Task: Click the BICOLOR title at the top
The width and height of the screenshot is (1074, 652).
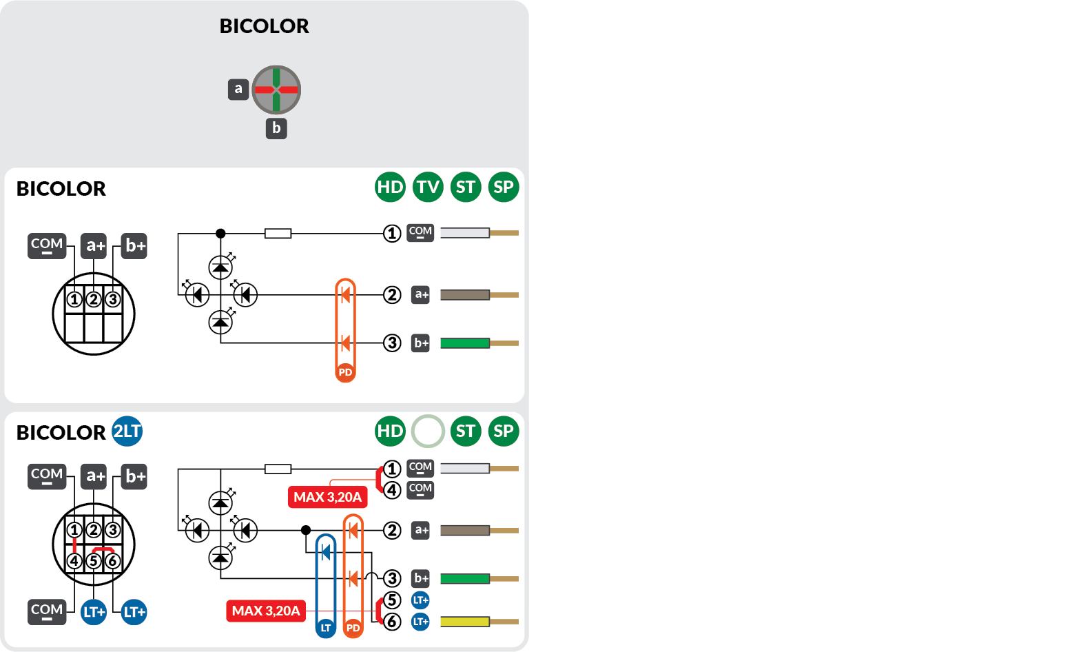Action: click(x=264, y=26)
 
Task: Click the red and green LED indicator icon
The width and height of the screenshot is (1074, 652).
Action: click(x=276, y=90)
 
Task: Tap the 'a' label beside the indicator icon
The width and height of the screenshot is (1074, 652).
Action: click(x=238, y=89)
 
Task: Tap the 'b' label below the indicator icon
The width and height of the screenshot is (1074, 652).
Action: click(x=276, y=128)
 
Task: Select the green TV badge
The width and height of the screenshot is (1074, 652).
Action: click(x=428, y=187)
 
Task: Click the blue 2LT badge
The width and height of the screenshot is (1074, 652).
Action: click(x=127, y=431)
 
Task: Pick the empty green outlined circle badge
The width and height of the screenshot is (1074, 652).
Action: click(x=428, y=431)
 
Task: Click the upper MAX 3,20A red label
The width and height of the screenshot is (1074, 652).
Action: click(x=327, y=497)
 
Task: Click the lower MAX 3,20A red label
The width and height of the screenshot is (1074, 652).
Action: click(x=266, y=611)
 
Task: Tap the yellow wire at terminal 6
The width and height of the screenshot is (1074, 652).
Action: click(x=465, y=622)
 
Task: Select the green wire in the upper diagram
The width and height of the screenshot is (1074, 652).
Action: click(x=465, y=343)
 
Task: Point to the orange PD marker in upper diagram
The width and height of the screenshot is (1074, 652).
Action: click(x=345, y=372)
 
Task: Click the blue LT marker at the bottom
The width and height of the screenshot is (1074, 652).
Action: click(x=326, y=628)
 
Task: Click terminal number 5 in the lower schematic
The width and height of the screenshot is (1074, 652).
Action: click(x=392, y=600)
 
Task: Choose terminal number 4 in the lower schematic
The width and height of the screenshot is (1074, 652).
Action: click(x=392, y=490)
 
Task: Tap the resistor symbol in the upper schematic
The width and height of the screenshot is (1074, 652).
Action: click(x=278, y=234)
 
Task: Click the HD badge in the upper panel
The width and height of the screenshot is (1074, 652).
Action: click(x=390, y=187)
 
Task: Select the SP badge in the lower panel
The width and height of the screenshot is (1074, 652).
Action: click(x=503, y=431)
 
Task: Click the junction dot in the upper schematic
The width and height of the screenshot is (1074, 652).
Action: click(x=220, y=234)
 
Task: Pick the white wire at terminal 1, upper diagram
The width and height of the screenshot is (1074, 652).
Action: click(x=465, y=233)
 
